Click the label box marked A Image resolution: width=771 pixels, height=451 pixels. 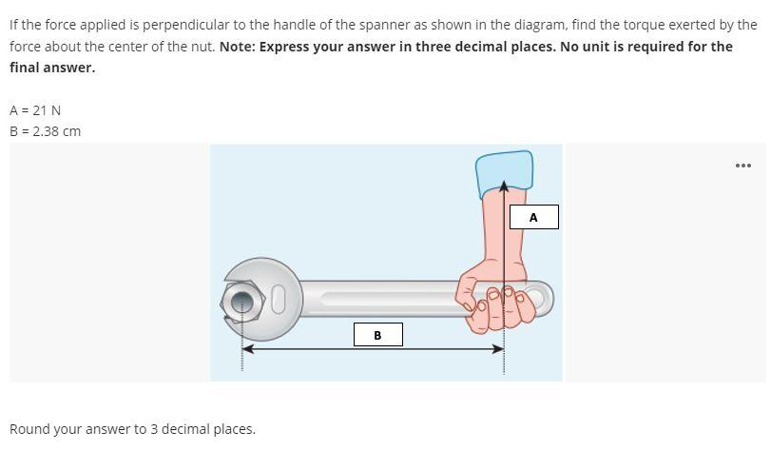point(533,218)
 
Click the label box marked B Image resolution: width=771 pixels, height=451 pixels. point(377,335)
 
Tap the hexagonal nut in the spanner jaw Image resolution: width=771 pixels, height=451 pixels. point(242,302)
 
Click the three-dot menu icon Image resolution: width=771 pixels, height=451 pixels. point(742,166)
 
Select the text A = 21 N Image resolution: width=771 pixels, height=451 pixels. point(35,110)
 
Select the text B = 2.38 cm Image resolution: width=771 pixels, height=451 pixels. point(45,131)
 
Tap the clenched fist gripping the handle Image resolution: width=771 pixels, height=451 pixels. point(490,300)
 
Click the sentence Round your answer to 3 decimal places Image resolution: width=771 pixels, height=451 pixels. point(132,429)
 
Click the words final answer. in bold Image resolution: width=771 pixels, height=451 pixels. point(52,68)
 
